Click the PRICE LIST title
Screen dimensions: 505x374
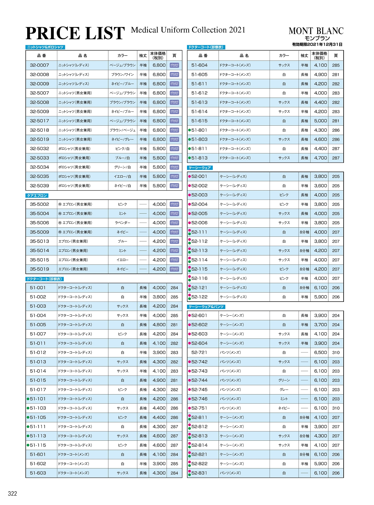click(75, 33)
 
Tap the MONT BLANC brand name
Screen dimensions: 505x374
click(316, 31)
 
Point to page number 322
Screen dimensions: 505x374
click(13, 494)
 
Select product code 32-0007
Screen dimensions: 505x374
click(39, 65)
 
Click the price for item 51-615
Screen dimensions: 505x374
click(321, 121)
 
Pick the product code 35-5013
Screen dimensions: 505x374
click(39, 241)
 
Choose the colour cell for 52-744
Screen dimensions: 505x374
click(284, 380)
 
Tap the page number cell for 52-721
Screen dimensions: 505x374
click(336, 352)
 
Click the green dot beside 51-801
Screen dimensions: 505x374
click(190, 130)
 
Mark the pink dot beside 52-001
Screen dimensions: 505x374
click(190, 177)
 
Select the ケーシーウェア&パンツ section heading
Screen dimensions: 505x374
click(206, 307)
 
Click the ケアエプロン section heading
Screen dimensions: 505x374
click(37, 196)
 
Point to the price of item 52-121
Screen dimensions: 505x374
click(321, 288)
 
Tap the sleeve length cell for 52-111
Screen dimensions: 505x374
click(304, 232)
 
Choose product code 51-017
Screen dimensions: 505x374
click(38, 390)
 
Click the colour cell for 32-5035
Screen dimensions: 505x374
click(122, 177)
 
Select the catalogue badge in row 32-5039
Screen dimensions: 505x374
click(174, 186)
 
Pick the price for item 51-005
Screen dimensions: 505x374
click(159, 325)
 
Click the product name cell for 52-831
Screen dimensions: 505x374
click(244, 473)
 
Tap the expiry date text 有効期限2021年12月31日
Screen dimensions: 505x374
click(317, 44)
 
